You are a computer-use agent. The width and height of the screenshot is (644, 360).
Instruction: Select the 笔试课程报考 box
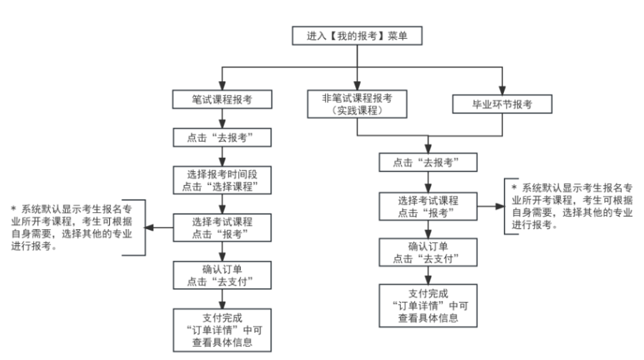click(222, 99)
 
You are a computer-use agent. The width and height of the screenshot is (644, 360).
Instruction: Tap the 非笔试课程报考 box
click(356, 104)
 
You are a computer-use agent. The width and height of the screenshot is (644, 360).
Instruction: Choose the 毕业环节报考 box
click(502, 102)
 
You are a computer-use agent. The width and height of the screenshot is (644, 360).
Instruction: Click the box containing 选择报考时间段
click(222, 180)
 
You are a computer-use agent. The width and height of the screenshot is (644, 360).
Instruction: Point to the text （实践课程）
click(356, 110)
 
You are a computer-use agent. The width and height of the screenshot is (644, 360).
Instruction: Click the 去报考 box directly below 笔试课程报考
click(222, 139)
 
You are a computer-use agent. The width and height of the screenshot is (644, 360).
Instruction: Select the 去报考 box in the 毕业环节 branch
click(426, 163)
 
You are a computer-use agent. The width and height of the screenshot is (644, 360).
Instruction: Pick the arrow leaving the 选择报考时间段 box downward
click(222, 203)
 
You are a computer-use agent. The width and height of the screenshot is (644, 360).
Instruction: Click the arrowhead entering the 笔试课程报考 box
click(222, 85)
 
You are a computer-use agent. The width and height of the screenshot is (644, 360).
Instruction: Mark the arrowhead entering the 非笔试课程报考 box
click(356, 85)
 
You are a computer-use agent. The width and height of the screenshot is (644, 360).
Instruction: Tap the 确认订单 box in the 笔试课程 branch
click(222, 276)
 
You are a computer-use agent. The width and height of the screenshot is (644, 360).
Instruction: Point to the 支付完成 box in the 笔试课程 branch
click(222, 328)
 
